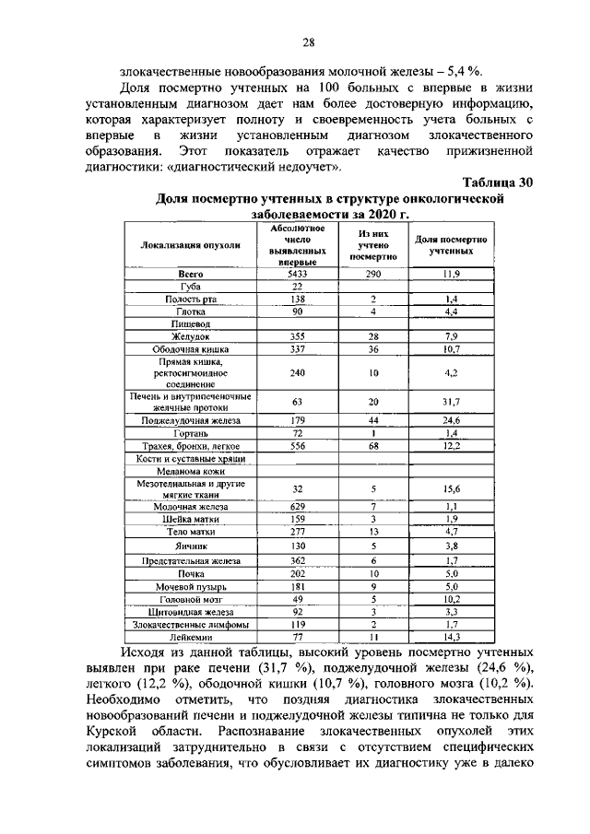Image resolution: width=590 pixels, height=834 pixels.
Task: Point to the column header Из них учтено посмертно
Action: pyautogui.click(x=372, y=246)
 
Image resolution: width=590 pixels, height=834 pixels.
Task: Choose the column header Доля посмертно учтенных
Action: pyautogui.click(x=452, y=246)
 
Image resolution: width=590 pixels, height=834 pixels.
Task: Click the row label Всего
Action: pyautogui.click(x=190, y=274)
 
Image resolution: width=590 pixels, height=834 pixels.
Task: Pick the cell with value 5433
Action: pyautogui.click(x=295, y=274)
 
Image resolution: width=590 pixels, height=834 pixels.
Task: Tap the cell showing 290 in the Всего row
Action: pyautogui.click(x=372, y=274)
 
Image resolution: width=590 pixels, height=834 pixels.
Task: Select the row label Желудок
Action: pyautogui.click(x=190, y=337)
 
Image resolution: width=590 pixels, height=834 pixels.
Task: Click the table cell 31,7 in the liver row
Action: pyautogui.click(x=452, y=401)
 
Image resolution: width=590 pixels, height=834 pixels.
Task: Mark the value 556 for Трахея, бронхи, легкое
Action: pyautogui.click(x=295, y=446)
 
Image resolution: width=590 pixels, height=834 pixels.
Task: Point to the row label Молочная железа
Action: pyautogui.click(x=190, y=507)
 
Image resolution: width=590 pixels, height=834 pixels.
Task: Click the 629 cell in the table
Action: pyautogui.click(x=295, y=507)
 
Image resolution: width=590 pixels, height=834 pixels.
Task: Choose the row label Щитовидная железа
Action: pyautogui.click(x=190, y=611)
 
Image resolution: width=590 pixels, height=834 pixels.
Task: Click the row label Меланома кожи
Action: pyautogui.click(x=190, y=470)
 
